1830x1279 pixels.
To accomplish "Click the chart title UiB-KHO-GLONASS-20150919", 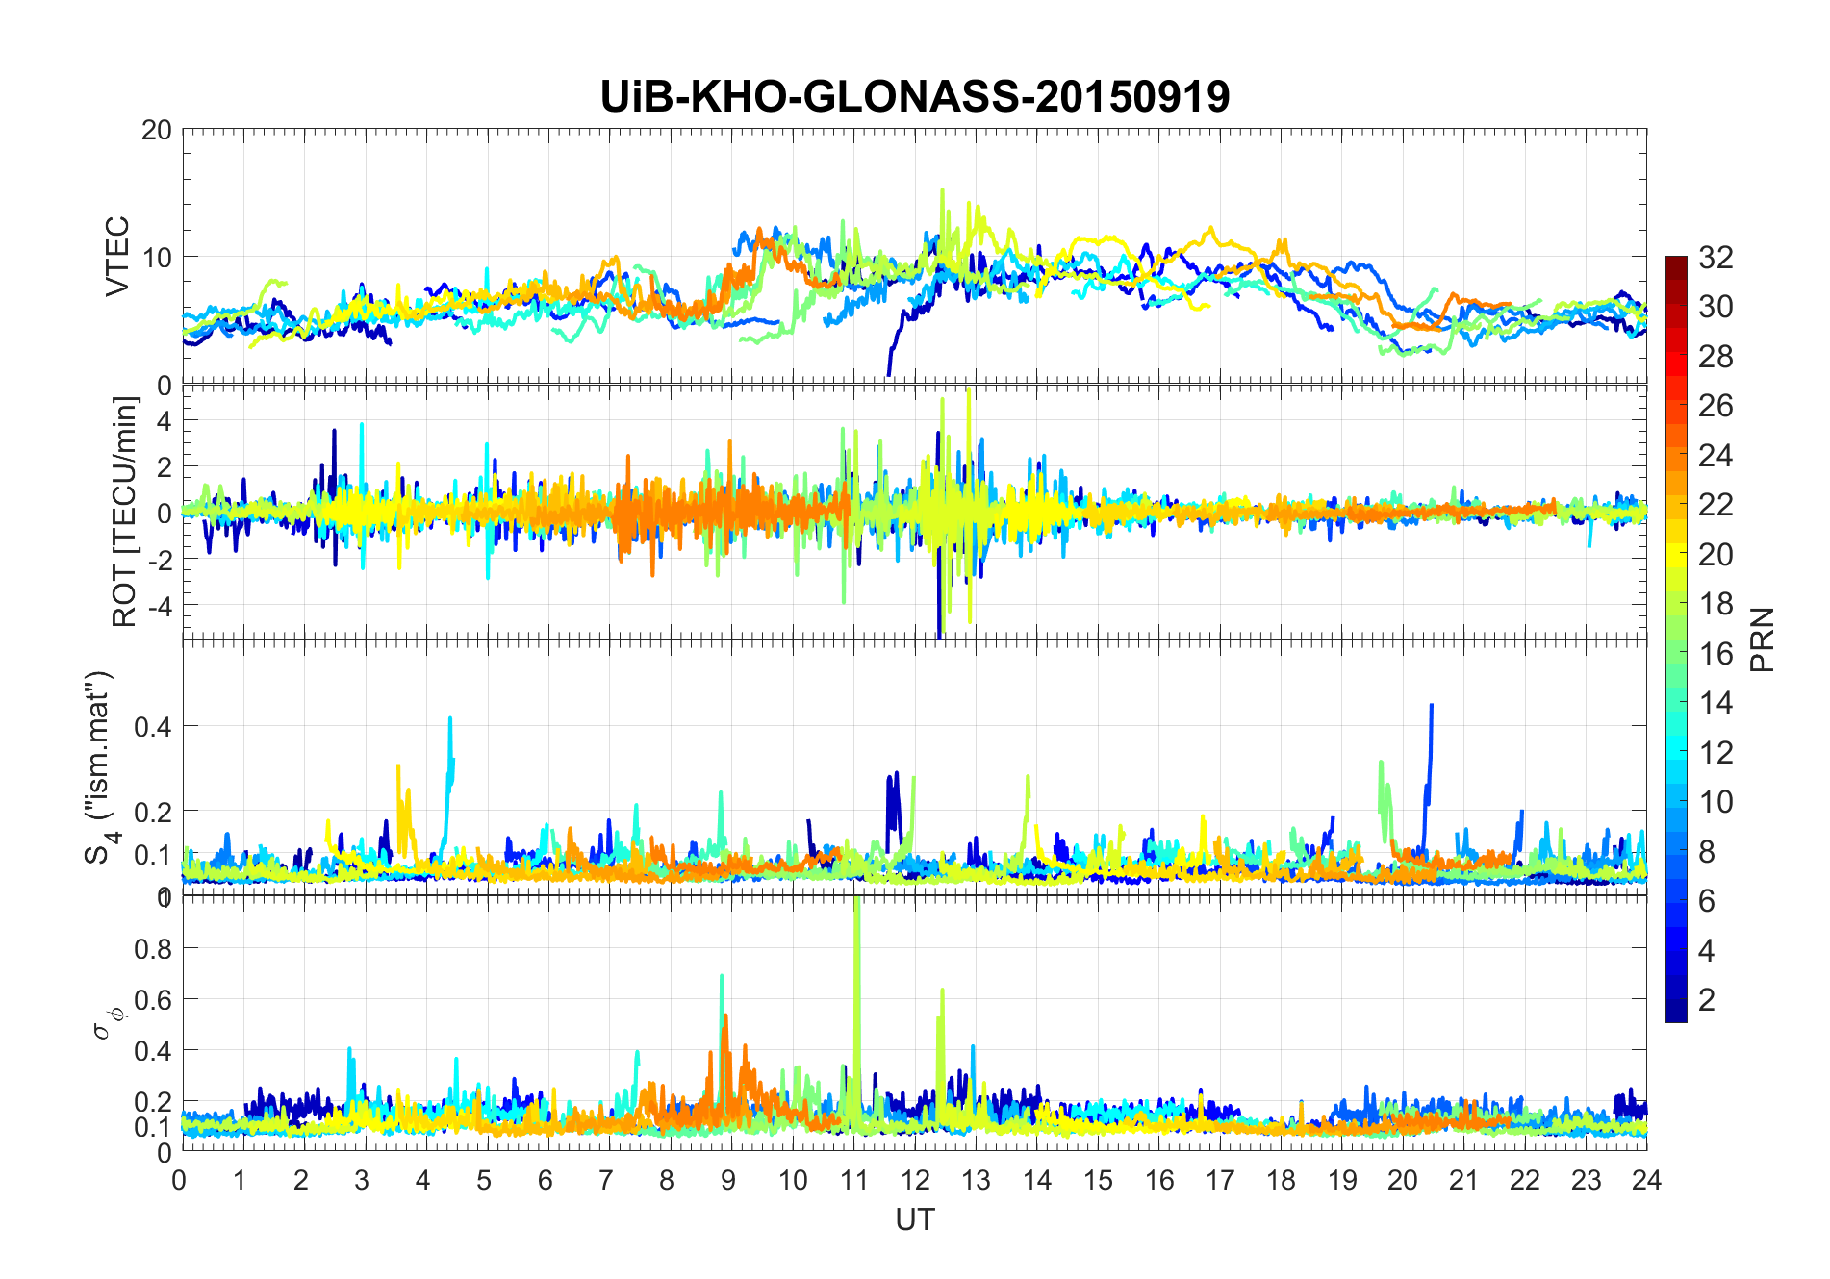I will click(x=914, y=96).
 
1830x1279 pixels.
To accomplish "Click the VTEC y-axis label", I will click(x=117, y=256).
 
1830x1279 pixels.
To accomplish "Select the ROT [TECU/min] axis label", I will click(x=125, y=512).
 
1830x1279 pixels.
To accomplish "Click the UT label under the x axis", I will click(x=914, y=1219).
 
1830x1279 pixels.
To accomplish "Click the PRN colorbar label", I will click(x=1763, y=639).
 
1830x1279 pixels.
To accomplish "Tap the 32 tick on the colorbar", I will click(x=1716, y=257).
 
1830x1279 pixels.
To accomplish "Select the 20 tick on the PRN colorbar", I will click(x=1716, y=554).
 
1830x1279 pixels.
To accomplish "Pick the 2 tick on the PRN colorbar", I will click(x=1707, y=999).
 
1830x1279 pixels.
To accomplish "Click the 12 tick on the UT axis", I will click(x=914, y=1180).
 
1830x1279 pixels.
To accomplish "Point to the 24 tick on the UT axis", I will click(x=1646, y=1180).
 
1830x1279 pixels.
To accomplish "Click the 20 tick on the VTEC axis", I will click(x=156, y=130).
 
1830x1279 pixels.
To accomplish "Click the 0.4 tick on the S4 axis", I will click(x=152, y=726).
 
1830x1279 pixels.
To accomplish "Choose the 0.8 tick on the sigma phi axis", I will click(x=152, y=948).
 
